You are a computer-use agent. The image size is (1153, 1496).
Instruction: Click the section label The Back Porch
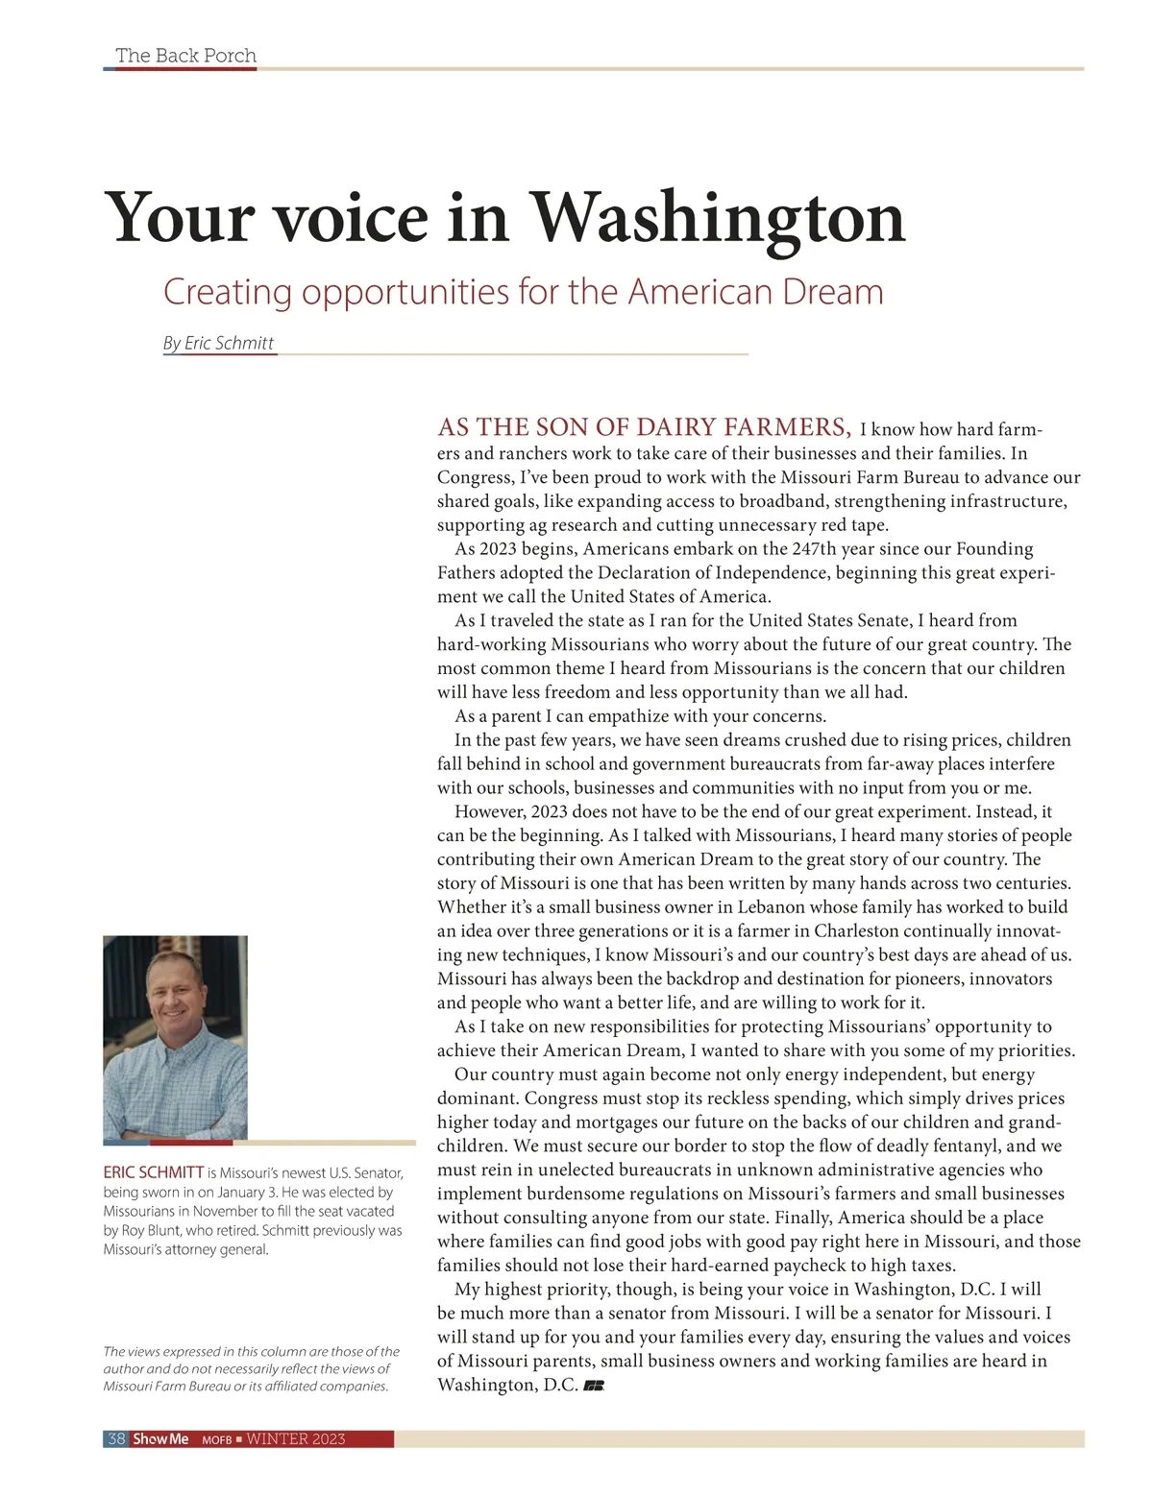tap(185, 56)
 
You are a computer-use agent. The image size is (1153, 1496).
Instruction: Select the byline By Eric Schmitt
tap(219, 343)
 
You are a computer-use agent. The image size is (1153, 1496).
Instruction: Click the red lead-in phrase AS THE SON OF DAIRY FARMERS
tap(644, 427)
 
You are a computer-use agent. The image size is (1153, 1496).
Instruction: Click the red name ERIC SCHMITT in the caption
tap(154, 1172)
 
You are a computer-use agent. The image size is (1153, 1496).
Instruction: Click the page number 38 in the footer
tap(116, 1438)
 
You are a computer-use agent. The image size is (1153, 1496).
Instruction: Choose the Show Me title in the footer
tap(160, 1438)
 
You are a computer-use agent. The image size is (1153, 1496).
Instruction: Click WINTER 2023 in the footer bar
tap(296, 1438)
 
